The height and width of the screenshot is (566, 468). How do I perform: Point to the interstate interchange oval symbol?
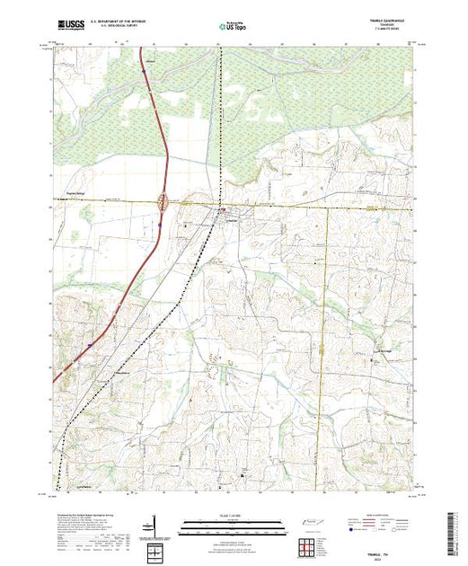coord(163,202)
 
